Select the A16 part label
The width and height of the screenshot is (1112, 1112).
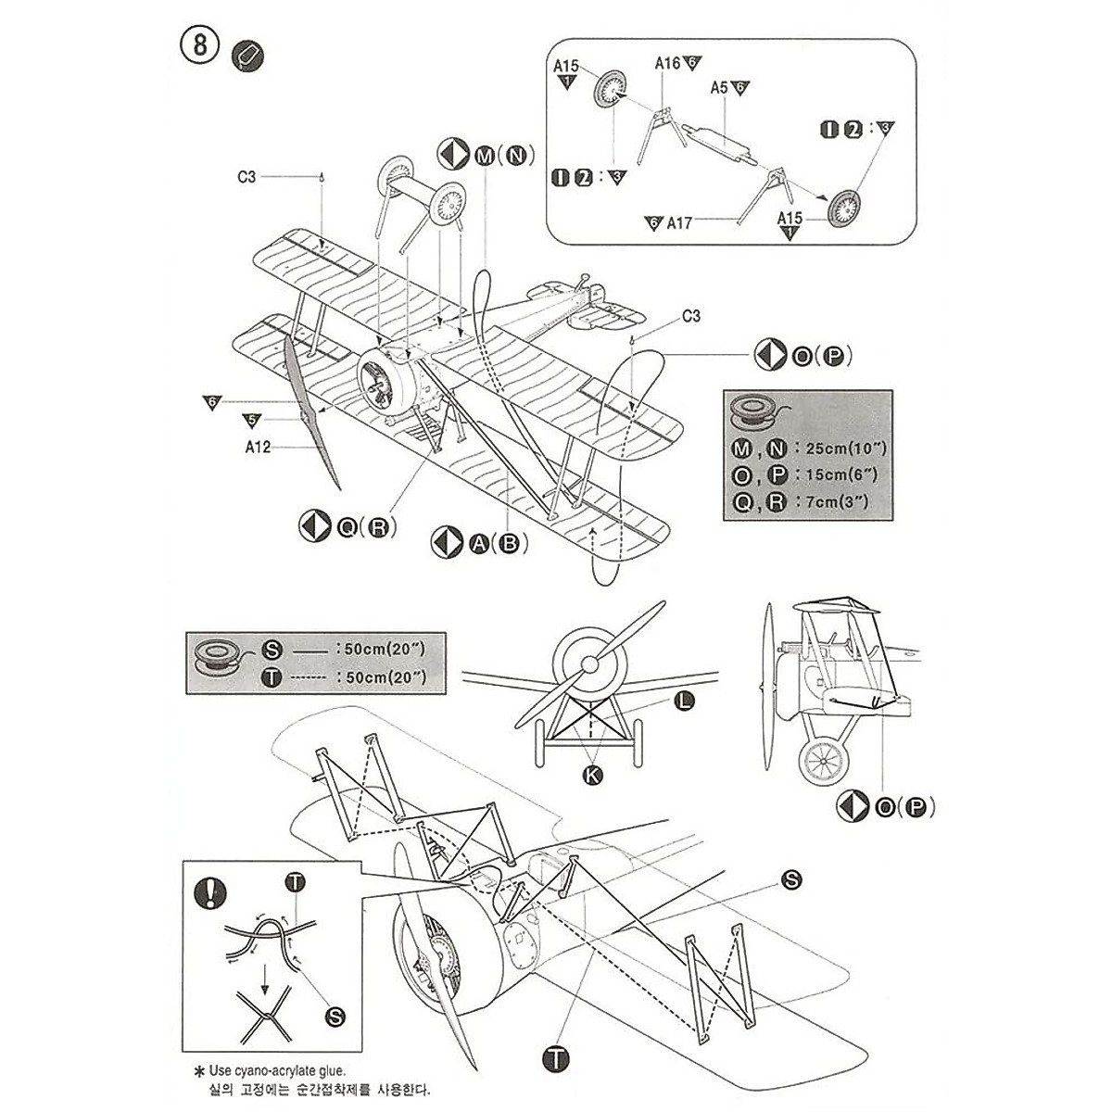coord(668,63)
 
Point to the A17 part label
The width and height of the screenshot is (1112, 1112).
coord(678,223)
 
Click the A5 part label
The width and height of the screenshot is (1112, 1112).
coord(719,88)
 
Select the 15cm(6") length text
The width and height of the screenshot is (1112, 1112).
coord(838,475)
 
